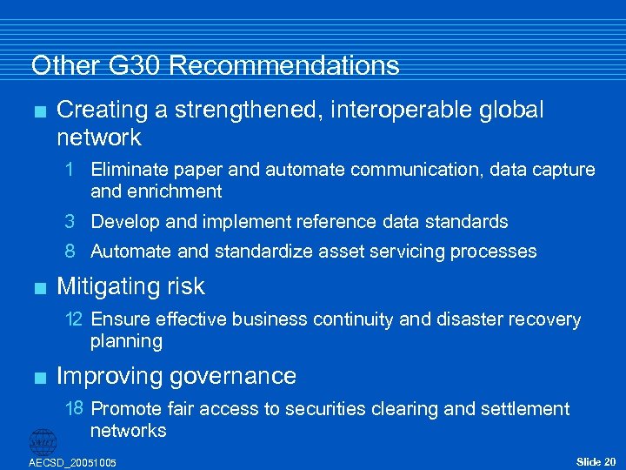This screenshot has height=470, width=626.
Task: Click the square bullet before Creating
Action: tap(35, 111)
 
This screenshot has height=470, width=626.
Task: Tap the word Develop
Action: tap(125, 222)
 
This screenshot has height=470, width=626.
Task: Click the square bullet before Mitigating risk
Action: tap(35, 286)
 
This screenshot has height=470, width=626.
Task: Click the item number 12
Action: tap(74, 319)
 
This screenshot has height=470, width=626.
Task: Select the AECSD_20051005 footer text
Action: tap(72, 462)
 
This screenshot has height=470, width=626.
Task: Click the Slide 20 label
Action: tap(596, 460)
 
